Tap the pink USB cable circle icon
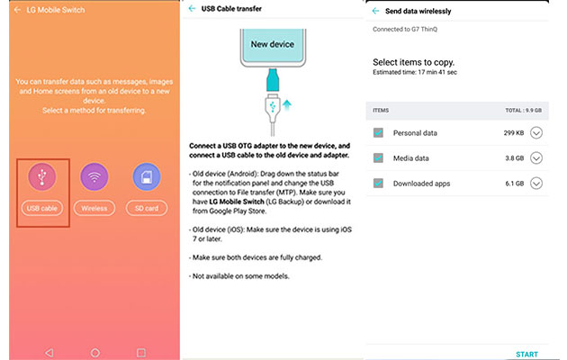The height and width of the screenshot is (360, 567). pos(42,176)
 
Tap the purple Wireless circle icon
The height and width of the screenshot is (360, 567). pos(94,176)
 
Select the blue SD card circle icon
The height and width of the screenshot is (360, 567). pos(147,176)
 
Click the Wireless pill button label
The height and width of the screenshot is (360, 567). pos(94,208)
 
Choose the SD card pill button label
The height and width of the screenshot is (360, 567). pos(147,208)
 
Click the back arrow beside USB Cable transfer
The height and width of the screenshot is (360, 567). pos(192,9)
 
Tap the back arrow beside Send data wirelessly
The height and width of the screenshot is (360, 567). pos(375,11)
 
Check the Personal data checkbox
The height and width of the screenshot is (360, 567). pos(378,132)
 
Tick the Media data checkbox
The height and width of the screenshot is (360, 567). pos(378,158)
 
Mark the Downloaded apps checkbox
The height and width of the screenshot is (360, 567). pos(378,184)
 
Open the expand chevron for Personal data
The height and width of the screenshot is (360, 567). pos(536,133)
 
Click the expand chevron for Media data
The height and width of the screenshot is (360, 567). pos(536,158)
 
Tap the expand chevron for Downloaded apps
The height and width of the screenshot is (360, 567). pos(536,184)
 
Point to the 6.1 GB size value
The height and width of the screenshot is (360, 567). pos(514,184)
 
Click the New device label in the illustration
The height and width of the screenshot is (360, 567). pos(273,44)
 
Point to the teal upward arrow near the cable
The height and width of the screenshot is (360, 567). pos(287,104)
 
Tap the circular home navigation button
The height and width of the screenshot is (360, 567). pos(95,353)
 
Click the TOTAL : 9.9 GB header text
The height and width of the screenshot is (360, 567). pos(523,110)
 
